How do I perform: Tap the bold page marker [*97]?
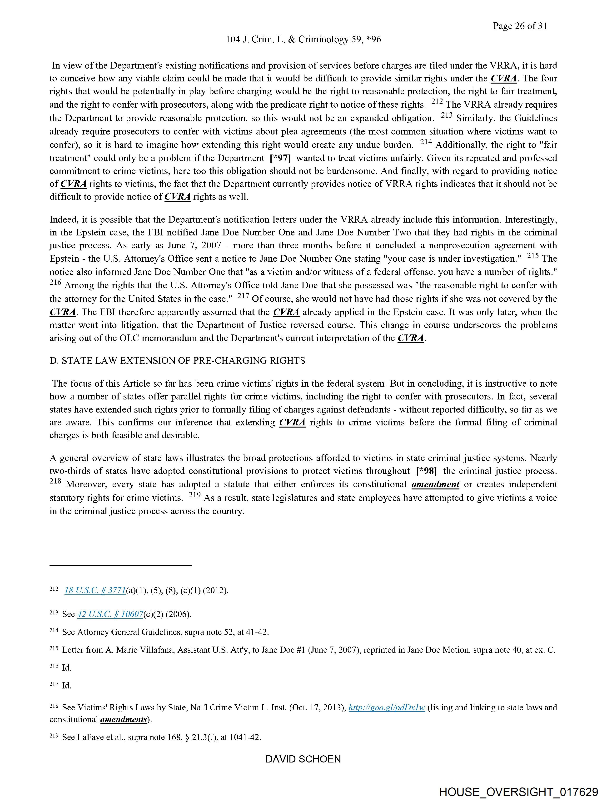pos(280,158)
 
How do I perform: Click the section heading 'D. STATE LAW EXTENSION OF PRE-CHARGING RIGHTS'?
pos(177,361)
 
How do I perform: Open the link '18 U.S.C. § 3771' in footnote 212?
pos(95,591)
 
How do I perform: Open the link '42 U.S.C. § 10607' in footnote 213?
pos(110,614)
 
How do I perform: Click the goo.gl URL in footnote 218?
pos(387,707)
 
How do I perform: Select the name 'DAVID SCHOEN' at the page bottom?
pos(303,759)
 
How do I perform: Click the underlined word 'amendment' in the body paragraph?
pos(435,484)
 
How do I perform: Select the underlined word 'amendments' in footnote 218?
pos(124,719)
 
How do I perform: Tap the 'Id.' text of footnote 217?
pos(67,685)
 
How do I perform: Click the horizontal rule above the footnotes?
pos(120,565)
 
